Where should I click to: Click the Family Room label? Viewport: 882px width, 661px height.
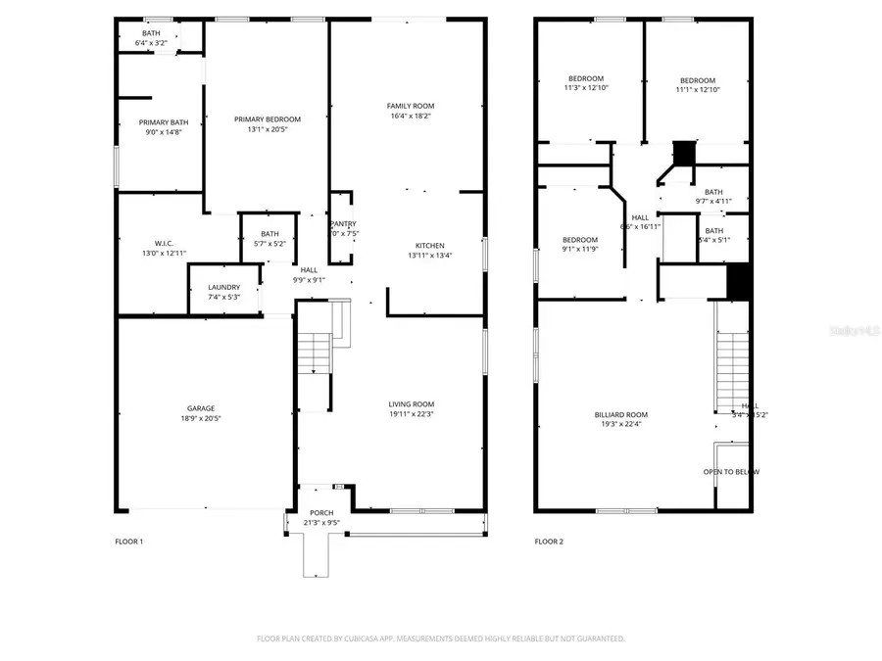coord(410,106)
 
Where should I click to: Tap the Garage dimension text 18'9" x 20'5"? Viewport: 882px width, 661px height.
coord(201,418)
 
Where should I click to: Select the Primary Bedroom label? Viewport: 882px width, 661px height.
coord(267,119)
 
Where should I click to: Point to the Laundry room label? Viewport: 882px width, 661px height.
coord(223,287)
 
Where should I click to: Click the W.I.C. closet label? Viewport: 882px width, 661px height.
coord(164,243)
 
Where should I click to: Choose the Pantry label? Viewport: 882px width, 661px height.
coord(343,224)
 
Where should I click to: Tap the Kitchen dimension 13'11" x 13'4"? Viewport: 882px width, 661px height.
coord(429,256)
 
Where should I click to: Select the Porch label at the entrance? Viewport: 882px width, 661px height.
coord(321,513)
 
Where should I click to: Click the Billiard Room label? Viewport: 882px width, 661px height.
coord(620,414)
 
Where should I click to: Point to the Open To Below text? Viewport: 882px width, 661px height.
coord(730,472)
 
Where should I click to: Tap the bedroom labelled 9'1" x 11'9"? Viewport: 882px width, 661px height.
coord(579,240)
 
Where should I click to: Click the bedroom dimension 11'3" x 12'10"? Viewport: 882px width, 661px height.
coord(586,89)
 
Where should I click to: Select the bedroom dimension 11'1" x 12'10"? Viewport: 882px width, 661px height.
coord(698,90)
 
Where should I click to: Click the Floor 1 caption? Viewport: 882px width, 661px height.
coord(129,542)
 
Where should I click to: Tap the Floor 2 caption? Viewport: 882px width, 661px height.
coord(549,542)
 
